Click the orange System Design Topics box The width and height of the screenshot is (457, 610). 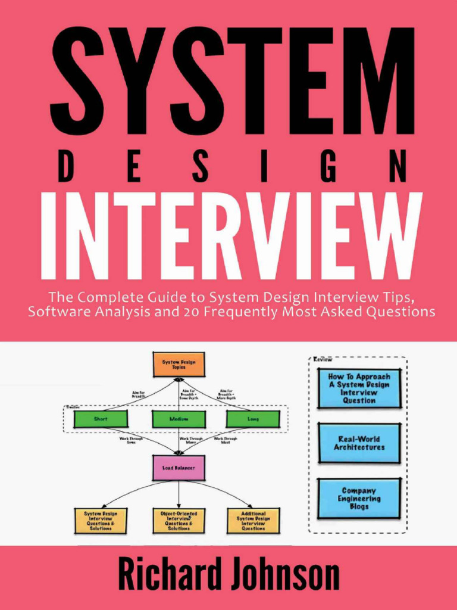(x=179, y=364)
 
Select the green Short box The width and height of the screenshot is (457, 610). (x=101, y=419)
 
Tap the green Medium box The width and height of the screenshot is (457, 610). (x=179, y=419)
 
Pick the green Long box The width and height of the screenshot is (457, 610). (x=253, y=419)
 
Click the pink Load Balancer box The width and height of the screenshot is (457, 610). (x=179, y=468)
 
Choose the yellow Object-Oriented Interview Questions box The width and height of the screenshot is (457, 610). (x=179, y=520)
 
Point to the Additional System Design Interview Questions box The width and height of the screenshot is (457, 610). (x=253, y=520)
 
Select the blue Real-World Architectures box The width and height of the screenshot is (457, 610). (x=359, y=443)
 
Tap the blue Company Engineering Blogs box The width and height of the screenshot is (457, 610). (x=359, y=499)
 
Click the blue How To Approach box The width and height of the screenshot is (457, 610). (x=359, y=388)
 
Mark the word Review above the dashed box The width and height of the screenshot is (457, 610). (x=323, y=360)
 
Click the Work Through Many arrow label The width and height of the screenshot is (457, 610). (x=191, y=440)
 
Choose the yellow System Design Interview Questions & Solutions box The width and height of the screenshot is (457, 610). (x=101, y=520)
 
